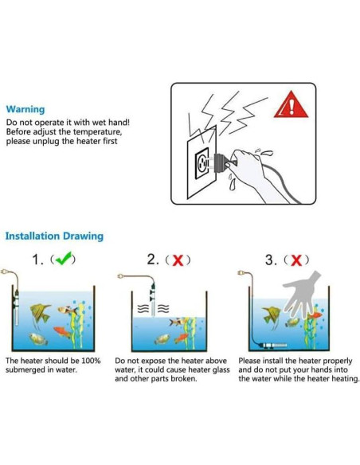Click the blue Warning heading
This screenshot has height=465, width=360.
(25, 109)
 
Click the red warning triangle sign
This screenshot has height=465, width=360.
(291, 104)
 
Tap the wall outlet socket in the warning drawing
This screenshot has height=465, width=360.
(202, 162)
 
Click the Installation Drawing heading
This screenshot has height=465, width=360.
(55, 236)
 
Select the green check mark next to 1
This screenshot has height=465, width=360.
(64, 258)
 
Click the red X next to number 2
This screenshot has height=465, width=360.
(178, 260)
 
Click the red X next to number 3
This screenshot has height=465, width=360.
(296, 260)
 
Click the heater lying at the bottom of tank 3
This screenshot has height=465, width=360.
(272, 346)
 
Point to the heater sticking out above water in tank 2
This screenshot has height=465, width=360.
(153, 300)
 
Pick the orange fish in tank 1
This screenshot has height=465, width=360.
(62, 331)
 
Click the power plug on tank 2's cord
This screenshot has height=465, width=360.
(120, 276)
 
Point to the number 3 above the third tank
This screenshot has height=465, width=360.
(269, 260)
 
